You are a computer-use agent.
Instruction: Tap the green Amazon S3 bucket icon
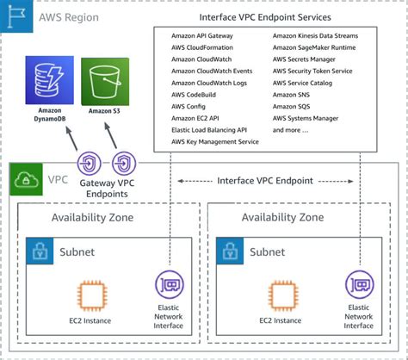(x=105, y=81)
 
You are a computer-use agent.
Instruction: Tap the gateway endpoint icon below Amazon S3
(x=124, y=161)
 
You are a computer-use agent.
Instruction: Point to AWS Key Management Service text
(x=215, y=140)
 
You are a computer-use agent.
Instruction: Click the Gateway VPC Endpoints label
(x=108, y=189)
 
